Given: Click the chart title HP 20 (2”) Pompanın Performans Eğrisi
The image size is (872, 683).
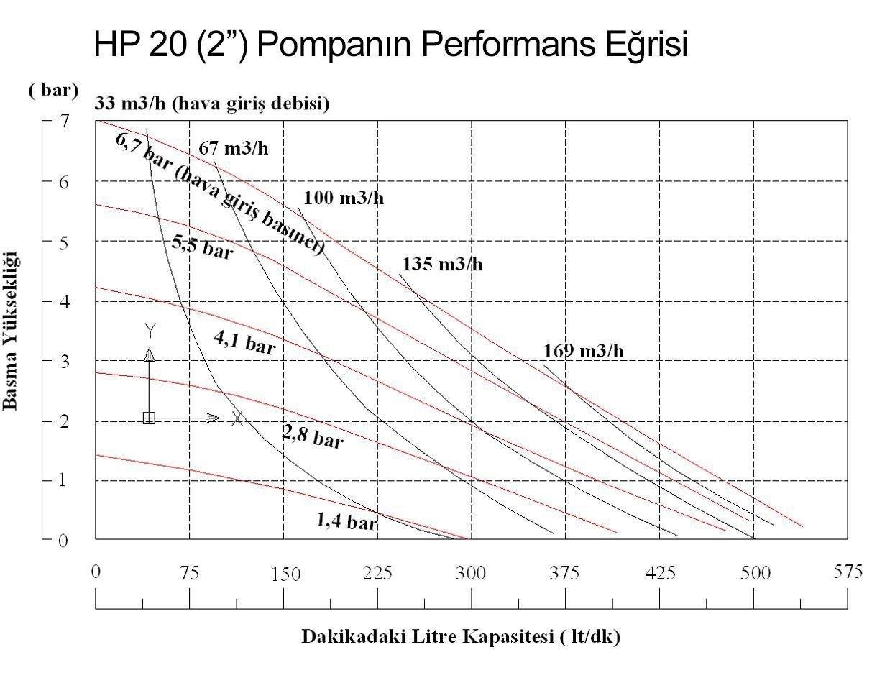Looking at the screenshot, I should [x=391, y=45].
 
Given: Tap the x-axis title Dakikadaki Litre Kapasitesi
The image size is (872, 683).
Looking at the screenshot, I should [x=461, y=637].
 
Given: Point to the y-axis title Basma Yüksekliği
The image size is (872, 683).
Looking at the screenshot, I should [x=12, y=331].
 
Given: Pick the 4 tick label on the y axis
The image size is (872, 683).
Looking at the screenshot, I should [x=65, y=301].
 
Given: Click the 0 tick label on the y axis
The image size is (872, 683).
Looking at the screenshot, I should [x=64, y=541].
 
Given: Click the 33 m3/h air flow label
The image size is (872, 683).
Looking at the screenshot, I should [x=212, y=105].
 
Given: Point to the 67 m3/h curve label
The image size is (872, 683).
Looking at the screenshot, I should [x=233, y=149].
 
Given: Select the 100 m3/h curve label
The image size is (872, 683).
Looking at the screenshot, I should [x=344, y=198].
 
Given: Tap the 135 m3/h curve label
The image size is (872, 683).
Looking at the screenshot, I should [x=442, y=264].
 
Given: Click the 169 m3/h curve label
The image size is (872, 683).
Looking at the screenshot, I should [x=583, y=352].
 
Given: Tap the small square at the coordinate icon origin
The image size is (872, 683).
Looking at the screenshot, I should [x=149, y=418].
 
